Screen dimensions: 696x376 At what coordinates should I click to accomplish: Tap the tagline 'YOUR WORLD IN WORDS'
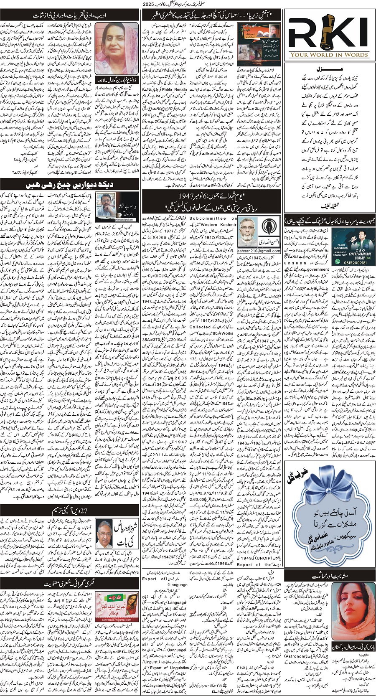pyautogui.click(x=329, y=54)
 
